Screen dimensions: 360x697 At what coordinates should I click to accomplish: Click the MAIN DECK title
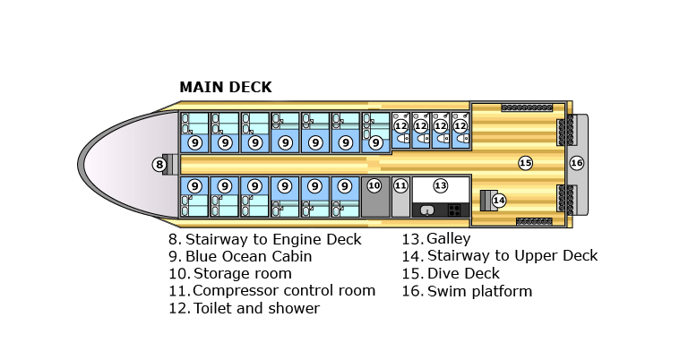225,88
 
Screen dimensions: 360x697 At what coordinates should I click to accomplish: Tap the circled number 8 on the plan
159,164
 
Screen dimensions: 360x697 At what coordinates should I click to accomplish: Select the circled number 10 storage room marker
374,185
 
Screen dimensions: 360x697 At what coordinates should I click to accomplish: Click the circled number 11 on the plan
400,185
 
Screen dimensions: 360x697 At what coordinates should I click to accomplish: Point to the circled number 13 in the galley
440,185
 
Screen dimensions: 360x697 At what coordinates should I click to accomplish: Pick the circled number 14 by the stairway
499,200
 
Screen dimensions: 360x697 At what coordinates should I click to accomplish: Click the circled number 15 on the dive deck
525,163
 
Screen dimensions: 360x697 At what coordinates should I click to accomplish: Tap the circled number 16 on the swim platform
577,163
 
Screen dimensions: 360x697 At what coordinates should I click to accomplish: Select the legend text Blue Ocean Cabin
248,256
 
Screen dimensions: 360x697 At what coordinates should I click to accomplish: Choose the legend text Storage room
242,273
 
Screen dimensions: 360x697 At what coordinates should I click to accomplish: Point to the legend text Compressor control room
283,290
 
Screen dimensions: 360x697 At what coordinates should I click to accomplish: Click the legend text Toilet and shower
255,308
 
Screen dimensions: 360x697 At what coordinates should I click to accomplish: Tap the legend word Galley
448,239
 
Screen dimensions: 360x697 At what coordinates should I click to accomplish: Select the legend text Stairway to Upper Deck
512,256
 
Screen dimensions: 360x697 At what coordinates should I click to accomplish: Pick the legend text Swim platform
479,291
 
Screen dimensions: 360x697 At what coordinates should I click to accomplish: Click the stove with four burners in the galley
455,210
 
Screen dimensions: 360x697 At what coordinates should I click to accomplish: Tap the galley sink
427,210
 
